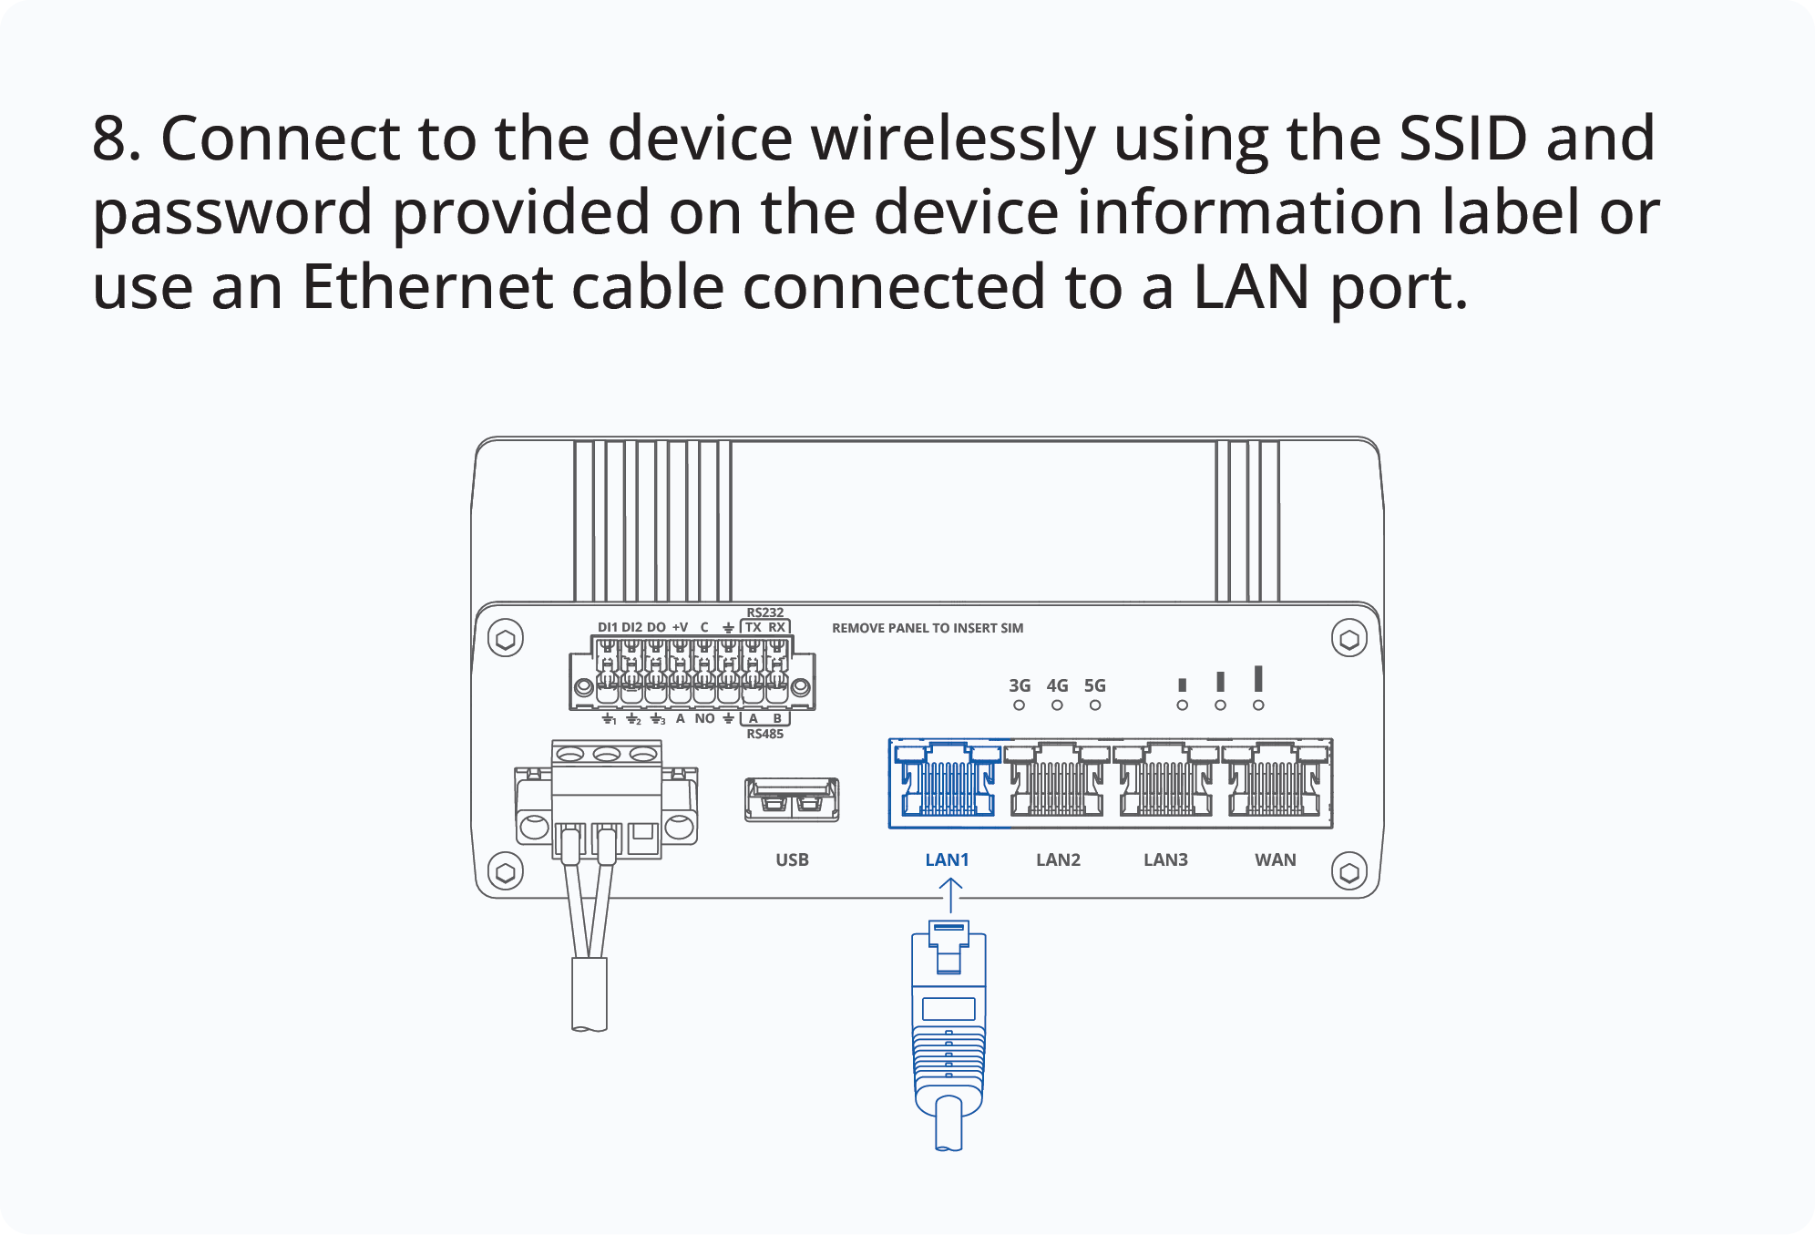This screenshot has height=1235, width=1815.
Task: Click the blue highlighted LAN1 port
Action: point(947,783)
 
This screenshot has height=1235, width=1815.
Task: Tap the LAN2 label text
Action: point(1058,859)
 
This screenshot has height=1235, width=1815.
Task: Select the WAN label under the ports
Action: point(1275,859)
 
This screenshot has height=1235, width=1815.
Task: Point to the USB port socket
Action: point(791,799)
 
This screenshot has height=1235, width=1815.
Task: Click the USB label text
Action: point(792,859)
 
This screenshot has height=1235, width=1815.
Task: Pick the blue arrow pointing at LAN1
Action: point(950,894)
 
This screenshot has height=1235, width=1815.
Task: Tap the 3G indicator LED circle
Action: point(1019,705)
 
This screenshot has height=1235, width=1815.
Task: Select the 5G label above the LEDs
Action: point(1094,685)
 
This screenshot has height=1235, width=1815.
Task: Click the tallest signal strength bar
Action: point(1258,679)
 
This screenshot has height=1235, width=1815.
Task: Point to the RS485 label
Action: point(764,734)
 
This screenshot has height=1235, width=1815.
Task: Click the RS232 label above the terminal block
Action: point(764,612)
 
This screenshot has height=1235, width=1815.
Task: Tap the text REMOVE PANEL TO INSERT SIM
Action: point(927,628)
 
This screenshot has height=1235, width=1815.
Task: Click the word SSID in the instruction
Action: point(1462,139)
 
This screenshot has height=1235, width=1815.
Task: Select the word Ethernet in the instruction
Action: point(427,287)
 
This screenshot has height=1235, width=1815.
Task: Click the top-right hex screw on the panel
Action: point(1348,639)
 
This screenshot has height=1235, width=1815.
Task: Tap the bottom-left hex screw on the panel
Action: point(506,871)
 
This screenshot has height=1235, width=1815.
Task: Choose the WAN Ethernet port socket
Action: point(1275,783)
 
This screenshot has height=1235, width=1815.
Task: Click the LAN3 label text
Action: point(1165,859)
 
